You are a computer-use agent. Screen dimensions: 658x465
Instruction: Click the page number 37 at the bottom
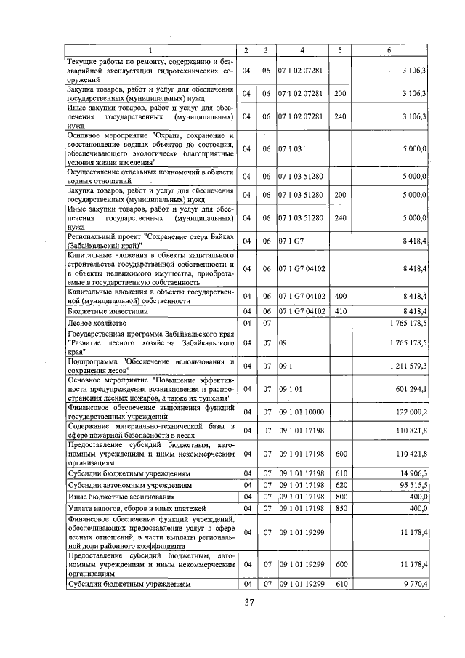(248, 601)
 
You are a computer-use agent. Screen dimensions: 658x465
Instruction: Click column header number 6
(389, 50)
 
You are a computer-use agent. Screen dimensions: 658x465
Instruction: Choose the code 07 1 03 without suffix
(290, 148)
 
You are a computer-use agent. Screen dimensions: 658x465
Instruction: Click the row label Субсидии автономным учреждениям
(120, 484)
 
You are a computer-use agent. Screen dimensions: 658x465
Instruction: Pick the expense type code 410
(339, 311)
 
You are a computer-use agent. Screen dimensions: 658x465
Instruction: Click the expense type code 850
(339, 509)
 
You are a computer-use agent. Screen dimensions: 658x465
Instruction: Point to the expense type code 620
(339, 484)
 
